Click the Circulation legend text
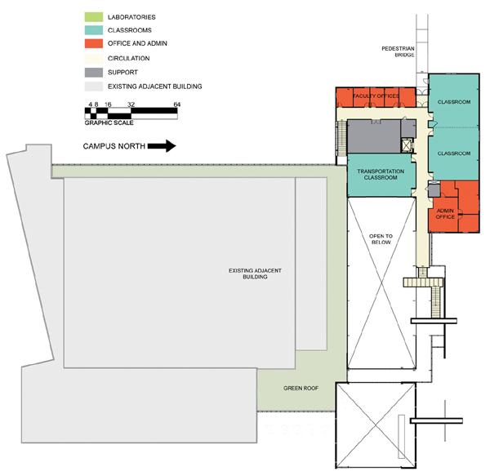(x=132, y=58)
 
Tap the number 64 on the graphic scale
(x=177, y=105)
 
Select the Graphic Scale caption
(x=109, y=122)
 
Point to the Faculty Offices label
(x=376, y=96)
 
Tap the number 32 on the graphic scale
(x=131, y=105)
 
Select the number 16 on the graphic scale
(x=109, y=105)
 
